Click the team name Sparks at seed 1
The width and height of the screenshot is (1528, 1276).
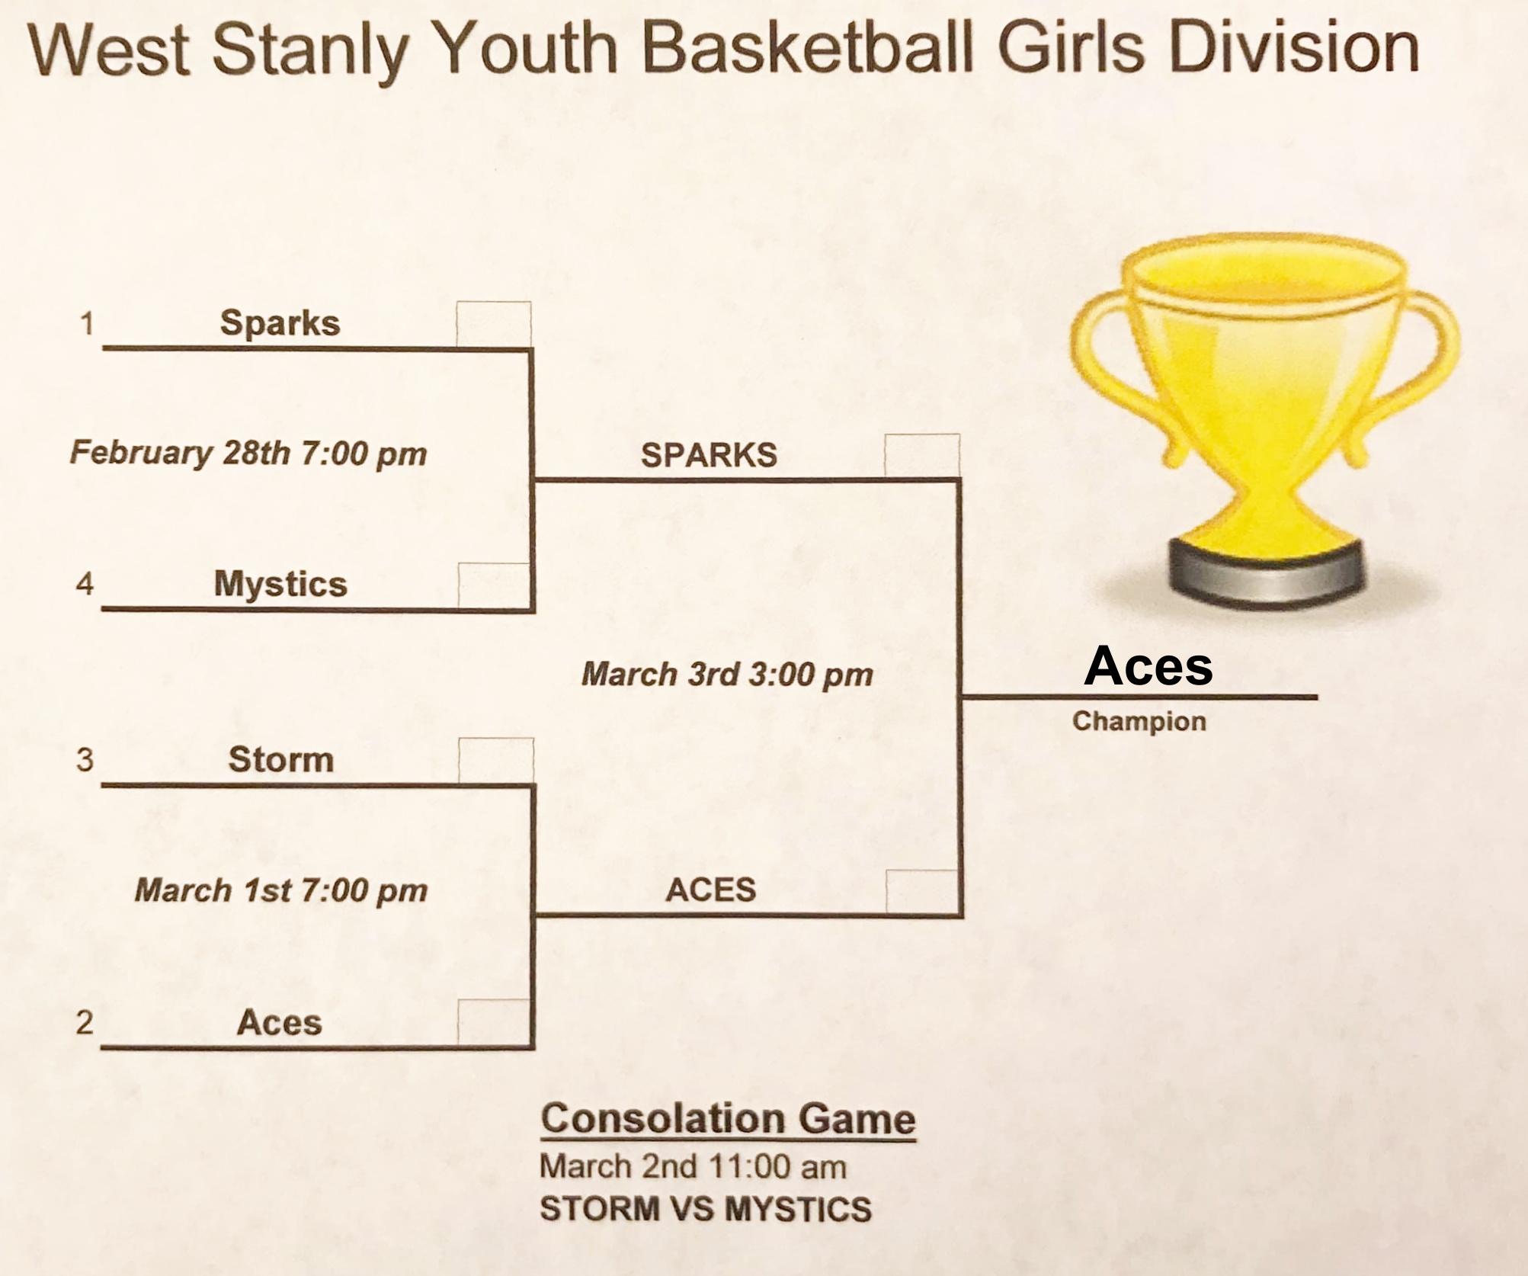[x=280, y=323]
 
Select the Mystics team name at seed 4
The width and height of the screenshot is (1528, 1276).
[x=280, y=585]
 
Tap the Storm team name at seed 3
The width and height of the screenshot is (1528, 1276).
[x=281, y=759]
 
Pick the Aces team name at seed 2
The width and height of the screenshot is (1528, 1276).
[x=279, y=1022]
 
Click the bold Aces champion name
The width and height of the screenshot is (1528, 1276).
[x=1148, y=666]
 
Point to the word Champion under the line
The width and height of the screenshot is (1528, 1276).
[x=1139, y=721]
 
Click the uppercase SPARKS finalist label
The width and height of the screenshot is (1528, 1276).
[x=709, y=455]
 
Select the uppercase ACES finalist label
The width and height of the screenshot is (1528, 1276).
[x=710, y=890]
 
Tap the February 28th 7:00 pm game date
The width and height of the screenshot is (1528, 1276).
[x=248, y=454]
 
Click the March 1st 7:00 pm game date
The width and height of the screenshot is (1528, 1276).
[x=281, y=890]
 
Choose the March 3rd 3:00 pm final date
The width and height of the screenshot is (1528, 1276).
[x=727, y=675]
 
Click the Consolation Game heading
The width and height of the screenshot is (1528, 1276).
[x=729, y=1119]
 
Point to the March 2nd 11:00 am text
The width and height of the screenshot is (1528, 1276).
[x=693, y=1167]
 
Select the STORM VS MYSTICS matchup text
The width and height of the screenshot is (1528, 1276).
[x=706, y=1210]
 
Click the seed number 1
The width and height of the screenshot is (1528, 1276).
[x=87, y=324]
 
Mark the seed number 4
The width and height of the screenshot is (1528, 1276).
[x=85, y=585]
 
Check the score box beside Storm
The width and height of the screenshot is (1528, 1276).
[x=496, y=761]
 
